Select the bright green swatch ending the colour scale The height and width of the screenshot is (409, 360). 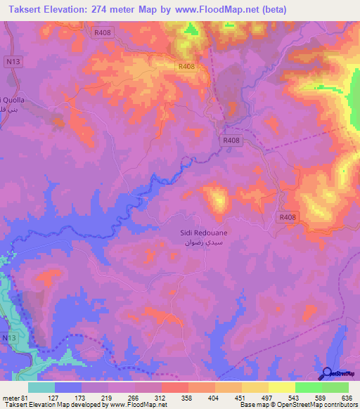pos(335,387)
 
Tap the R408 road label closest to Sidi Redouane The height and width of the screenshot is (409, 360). pos(287,217)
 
